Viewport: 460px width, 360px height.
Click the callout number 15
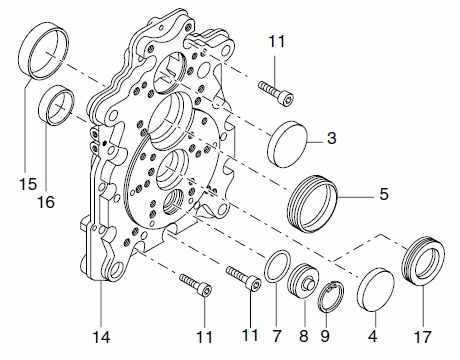point(28,184)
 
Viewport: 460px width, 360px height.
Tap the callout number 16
point(46,202)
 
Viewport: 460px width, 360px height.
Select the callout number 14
point(101,337)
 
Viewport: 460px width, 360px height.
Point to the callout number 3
point(331,138)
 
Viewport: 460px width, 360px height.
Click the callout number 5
point(384,194)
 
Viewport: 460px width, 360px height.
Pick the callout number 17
point(422,337)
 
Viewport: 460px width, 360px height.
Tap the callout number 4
point(373,336)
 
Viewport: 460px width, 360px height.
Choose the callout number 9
point(325,336)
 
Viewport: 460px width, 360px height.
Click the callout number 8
point(304,336)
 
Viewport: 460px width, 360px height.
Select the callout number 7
point(277,336)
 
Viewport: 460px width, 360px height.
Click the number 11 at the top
point(277,42)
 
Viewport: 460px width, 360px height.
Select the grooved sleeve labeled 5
point(313,203)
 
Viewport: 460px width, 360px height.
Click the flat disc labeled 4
point(375,289)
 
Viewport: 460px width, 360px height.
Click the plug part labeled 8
point(303,281)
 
